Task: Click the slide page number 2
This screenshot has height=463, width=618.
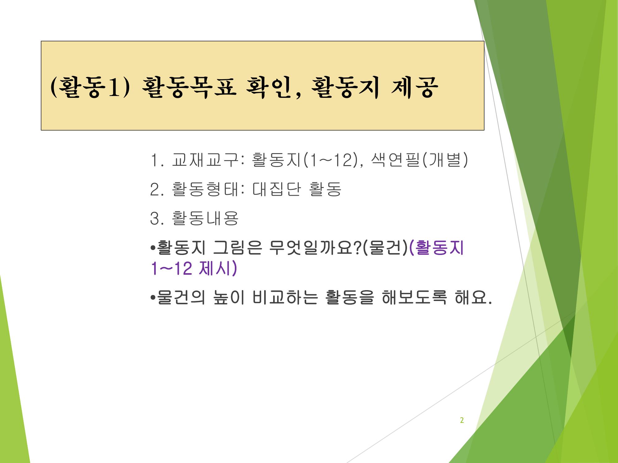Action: [x=462, y=420]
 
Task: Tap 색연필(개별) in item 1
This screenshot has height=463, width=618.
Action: [x=419, y=160]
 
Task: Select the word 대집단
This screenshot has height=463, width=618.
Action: [x=276, y=189]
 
